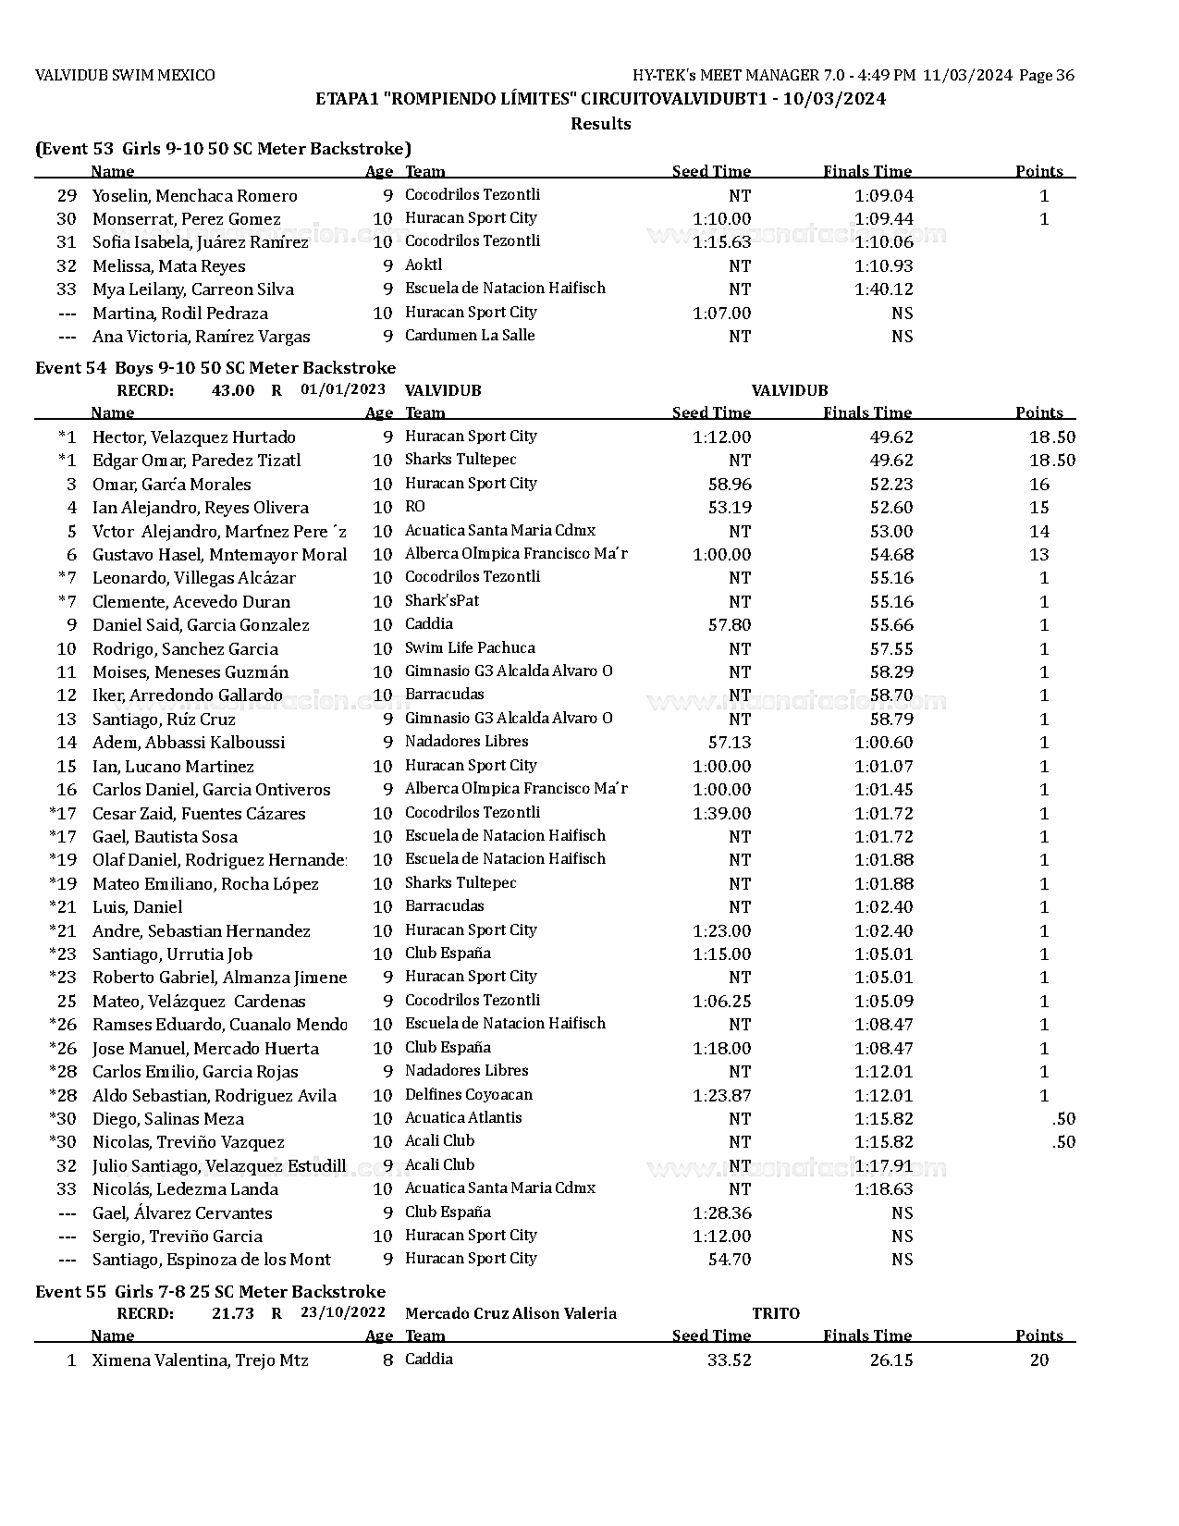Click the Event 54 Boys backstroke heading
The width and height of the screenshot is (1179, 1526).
(x=215, y=368)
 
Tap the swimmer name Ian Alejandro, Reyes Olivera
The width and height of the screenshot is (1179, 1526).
(x=201, y=508)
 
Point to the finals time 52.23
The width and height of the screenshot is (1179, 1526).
(x=890, y=485)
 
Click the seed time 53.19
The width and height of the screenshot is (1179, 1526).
(x=730, y=508)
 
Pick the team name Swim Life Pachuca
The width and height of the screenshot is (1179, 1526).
(x=470, y=648)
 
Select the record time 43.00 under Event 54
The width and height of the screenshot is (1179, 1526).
(x=233, y=390)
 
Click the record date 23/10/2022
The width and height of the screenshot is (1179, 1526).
(x=343, y=1313)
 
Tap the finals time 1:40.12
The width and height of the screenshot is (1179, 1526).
(x=883, y=289)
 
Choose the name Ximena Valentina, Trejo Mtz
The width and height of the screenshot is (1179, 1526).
(x=200, y=1360)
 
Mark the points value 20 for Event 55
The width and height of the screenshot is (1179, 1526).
(x=1038, y=1360)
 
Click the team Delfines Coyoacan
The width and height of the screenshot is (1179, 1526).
(x=469, y=1095)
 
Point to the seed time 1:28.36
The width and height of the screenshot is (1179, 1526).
(x=721, y=1213)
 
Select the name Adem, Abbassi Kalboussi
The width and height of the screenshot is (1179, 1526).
(x=189, y=743)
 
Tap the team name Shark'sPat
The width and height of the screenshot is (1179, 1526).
(x=442, y=601)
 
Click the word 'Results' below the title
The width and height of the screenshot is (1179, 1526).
(x=600, y=124)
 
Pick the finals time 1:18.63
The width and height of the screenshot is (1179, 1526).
(x=883, y=1189)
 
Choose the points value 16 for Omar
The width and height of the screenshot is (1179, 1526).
(x=1038, y=485)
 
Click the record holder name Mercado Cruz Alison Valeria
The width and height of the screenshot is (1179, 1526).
(x=510, y=1313)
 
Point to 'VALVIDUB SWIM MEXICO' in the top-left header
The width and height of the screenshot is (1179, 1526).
(x=125, y=76)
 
